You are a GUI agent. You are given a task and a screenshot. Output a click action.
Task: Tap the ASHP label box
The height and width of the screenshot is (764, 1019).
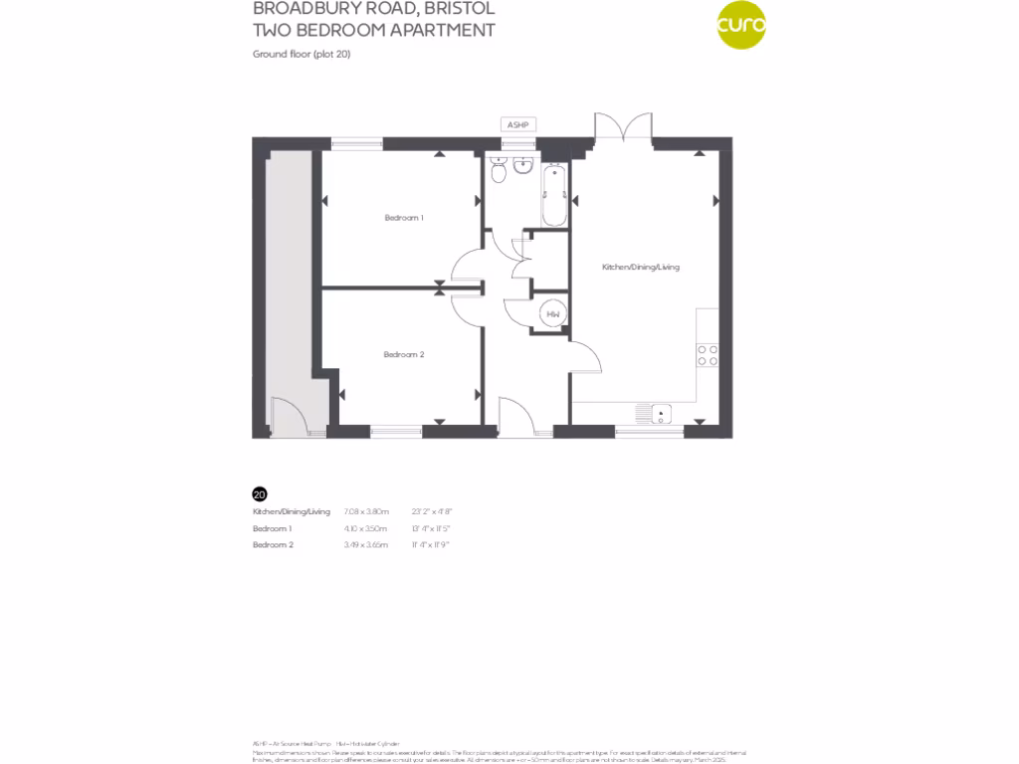click(x=517, y=124)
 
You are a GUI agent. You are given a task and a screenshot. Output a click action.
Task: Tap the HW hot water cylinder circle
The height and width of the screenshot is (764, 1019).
click(x=554, y=315)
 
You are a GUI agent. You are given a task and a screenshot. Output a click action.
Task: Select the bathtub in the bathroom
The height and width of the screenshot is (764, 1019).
click(x=554, y=195)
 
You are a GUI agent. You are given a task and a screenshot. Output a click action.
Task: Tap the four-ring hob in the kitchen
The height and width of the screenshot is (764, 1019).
click(x=708, y=355)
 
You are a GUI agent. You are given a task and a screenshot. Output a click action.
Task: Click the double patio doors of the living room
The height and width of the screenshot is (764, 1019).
click(x=623, y=127)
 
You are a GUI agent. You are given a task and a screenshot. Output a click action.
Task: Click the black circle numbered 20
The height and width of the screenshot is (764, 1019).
click(x=260, y=493)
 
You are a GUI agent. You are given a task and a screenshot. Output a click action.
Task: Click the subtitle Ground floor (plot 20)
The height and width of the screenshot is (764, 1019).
click(x=302, y=54)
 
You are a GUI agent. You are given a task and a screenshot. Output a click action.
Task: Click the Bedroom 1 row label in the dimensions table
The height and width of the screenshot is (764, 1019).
click(x=272, y=528)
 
